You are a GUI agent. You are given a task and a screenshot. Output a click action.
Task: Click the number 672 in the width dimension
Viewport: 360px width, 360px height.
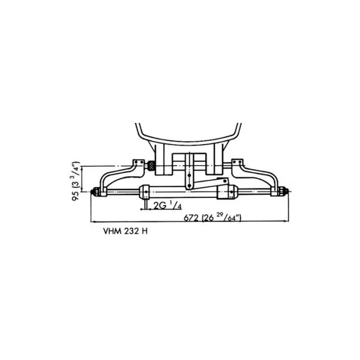click(191, 218)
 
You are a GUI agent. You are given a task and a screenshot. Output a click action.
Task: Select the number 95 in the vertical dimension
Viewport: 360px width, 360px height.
click(76, 195)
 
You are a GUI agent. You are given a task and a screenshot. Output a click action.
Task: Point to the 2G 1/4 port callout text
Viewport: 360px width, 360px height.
click(167, 205)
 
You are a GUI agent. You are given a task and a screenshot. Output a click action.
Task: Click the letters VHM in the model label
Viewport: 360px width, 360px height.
click(112, 231)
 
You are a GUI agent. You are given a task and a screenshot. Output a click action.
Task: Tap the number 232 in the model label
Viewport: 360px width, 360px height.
click(131, 231)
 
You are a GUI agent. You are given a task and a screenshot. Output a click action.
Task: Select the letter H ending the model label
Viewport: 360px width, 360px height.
click(145, 231)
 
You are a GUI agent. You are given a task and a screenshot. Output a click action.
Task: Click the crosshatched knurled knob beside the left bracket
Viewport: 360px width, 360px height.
click(151, 166)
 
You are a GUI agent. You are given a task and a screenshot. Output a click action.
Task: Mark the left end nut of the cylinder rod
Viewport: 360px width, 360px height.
click(95, 191)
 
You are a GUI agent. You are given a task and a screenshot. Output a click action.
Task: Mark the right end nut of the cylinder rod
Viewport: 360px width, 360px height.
click(284, 191)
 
